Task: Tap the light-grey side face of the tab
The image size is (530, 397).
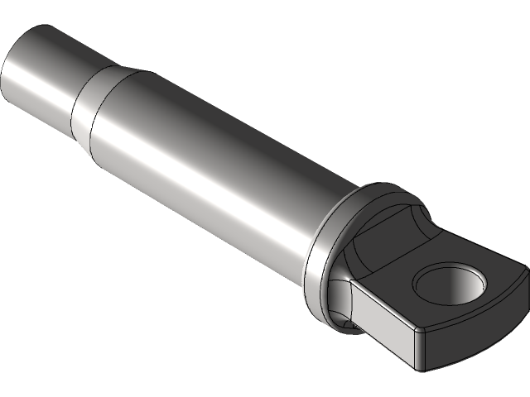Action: click(383, 313)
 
